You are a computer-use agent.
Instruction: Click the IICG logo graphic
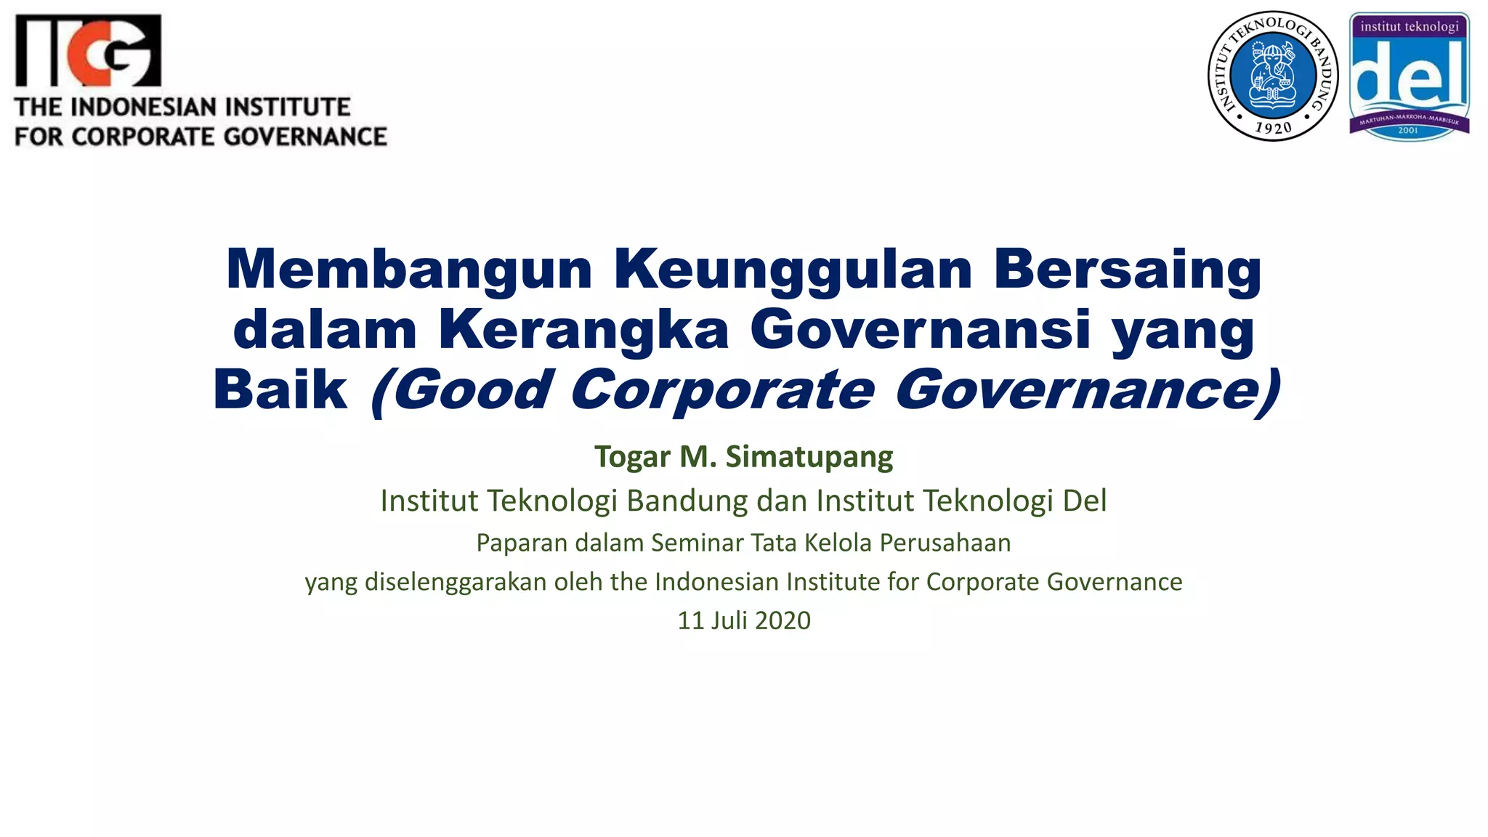88,51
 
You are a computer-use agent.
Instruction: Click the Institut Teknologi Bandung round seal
1273,76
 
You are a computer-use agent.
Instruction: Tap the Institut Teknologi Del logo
1409,76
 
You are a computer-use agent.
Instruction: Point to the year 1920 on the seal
1273,129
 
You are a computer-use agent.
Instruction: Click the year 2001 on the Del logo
1408,131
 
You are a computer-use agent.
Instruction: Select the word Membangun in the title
409,270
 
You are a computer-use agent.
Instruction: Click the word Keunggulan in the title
793,270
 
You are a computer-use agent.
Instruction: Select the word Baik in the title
280,390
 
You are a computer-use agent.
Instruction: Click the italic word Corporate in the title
722,390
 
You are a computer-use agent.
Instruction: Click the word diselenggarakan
455,582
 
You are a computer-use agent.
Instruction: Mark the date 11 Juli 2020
743,620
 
